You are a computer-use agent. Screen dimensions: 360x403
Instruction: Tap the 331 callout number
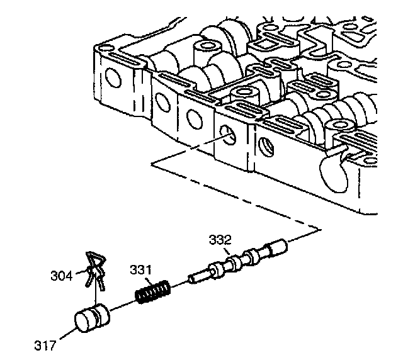click(142, 270)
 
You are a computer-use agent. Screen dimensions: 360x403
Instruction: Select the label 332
click(220, 240)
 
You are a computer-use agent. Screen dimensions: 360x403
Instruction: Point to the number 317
click(46, 345)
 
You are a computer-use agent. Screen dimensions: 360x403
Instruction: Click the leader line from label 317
click(64, 334)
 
